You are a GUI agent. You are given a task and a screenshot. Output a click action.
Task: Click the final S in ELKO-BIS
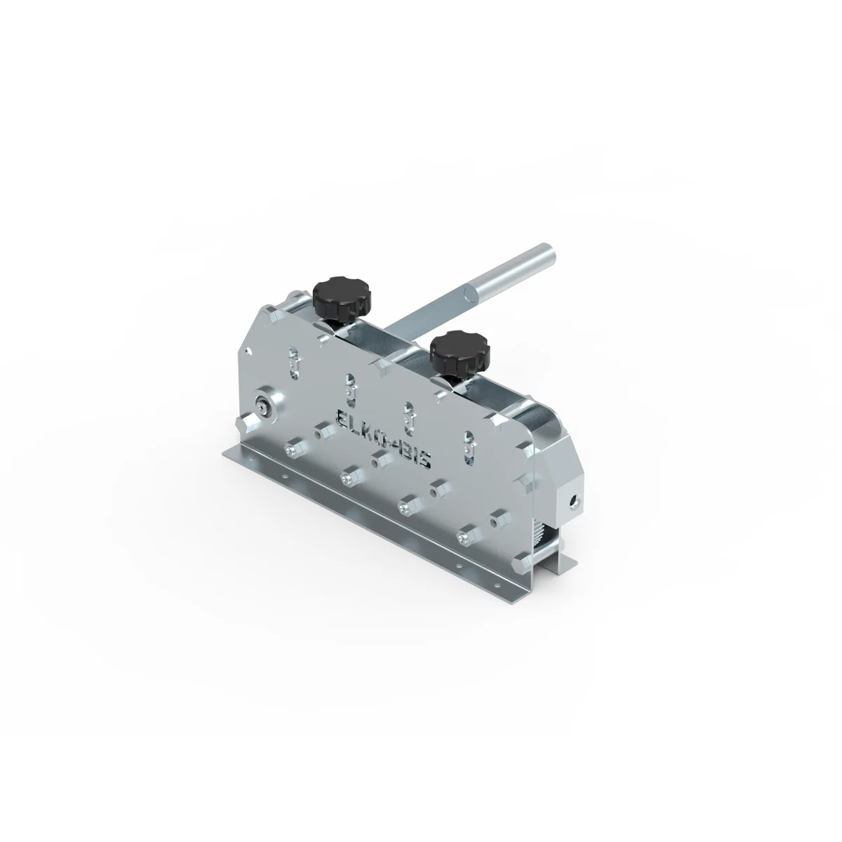click(425, 459)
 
